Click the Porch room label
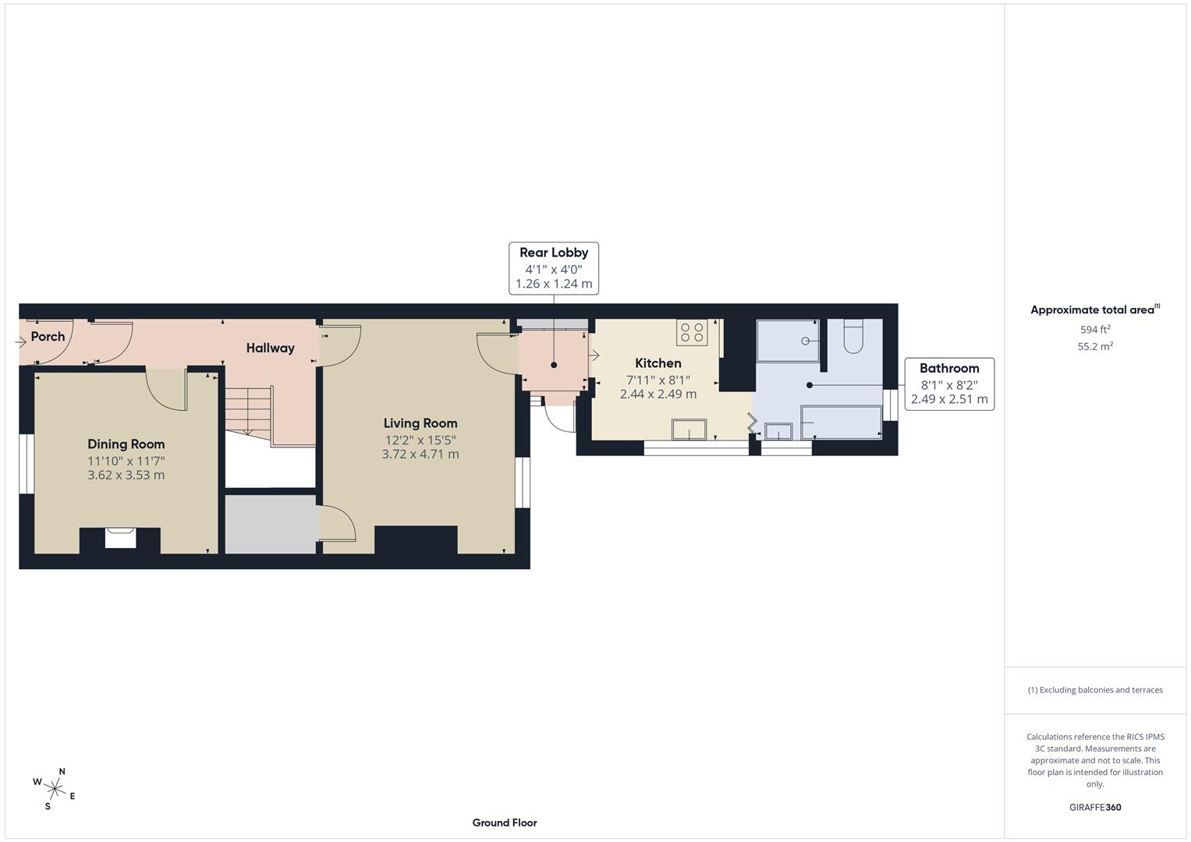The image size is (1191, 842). coord(48,337)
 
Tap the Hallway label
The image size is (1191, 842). coord(270,348)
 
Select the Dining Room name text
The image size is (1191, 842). coord(126,444)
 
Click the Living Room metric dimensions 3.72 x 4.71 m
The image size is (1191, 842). coord(420,454)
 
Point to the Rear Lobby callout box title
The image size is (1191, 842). coord(554,253)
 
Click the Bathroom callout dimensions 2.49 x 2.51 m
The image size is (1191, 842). coord(949,399)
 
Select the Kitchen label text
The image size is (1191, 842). coord(658,363)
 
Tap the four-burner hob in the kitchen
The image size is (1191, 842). coord(692,333)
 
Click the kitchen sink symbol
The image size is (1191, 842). coord(689,430)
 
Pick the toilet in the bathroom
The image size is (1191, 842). coord(852,337)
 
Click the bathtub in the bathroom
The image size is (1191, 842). coord(841,423)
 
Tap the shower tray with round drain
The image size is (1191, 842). coord(788,341)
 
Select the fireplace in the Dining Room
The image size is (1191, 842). coord(120,538)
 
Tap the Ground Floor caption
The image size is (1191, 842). coord(504,823)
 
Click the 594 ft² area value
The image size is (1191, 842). coord(1094,330)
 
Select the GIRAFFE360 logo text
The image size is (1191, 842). coord(1094,807)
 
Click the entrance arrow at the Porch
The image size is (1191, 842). coord(20,341)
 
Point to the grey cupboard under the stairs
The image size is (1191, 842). coord(271,524)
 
